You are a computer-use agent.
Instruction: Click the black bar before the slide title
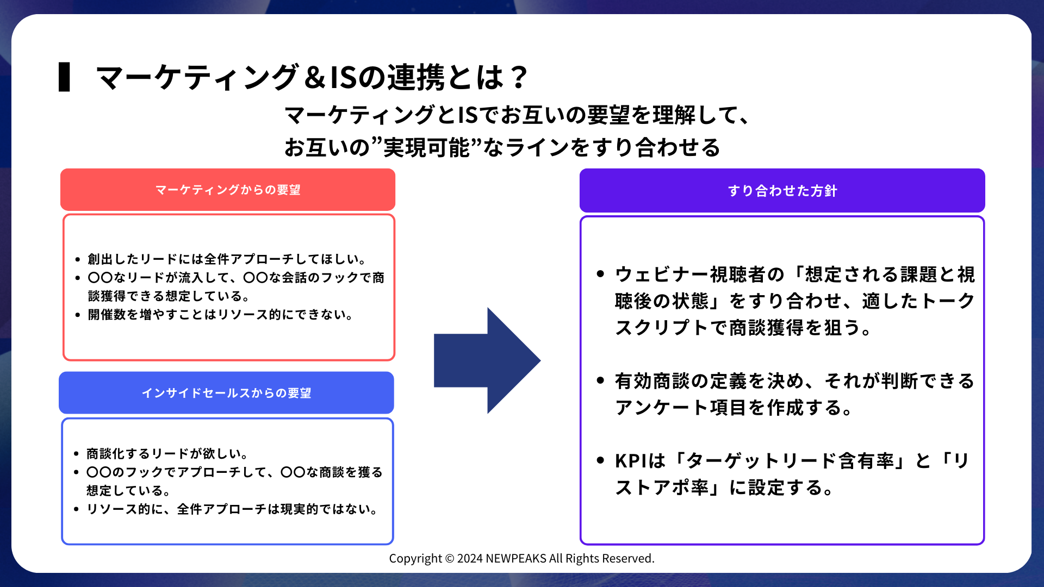pos(64,77)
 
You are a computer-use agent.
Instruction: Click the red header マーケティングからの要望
pos(228,190)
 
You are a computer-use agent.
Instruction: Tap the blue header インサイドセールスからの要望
pos(226,393)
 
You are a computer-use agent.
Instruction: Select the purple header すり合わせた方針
pos(782,191)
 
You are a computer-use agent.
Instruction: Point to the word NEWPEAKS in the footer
pos(515,559)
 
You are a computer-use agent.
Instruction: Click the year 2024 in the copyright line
pos(470,559)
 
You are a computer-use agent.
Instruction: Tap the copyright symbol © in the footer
pos(449,559)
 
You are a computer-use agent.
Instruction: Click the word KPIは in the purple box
pos(640,461)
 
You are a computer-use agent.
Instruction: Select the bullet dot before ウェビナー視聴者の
pos(600,274)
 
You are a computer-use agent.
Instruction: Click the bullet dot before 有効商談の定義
pos(600,380)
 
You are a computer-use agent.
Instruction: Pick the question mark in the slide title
pos(519,77)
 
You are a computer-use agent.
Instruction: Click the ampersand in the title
pos(315,77)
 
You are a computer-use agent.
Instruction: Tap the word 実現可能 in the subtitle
pos(426,148)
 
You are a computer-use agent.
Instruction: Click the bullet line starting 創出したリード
pos(227,259)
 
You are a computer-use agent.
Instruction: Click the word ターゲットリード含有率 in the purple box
pos(790,461)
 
